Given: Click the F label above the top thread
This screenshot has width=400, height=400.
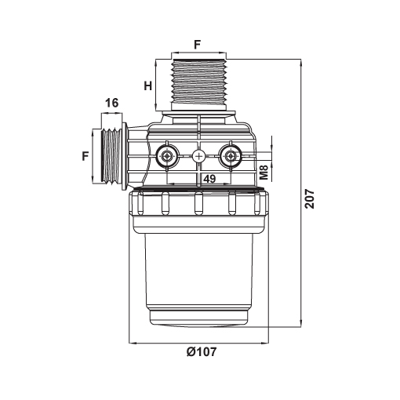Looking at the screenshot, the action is click(x=197, y=45).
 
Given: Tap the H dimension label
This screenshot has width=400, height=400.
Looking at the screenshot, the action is click(x=148, y=85).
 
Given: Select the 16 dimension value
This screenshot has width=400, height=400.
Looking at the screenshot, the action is click(x=112, y=103).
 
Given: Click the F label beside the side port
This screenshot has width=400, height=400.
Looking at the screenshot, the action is click(x=85, y=156).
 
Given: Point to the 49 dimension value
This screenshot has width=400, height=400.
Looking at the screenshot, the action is click(x=209, y=179).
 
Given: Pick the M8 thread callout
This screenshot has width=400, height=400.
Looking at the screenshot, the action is click(x=264, y=172).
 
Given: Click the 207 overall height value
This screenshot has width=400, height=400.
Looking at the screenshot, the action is click(x=310, y=198).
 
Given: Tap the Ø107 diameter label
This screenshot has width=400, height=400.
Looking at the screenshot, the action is click(x=202, y=351).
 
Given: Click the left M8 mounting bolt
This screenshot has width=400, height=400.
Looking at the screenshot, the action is click(x=166, y=156).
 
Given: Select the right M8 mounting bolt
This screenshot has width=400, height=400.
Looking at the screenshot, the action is click(x=231, y=156).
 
